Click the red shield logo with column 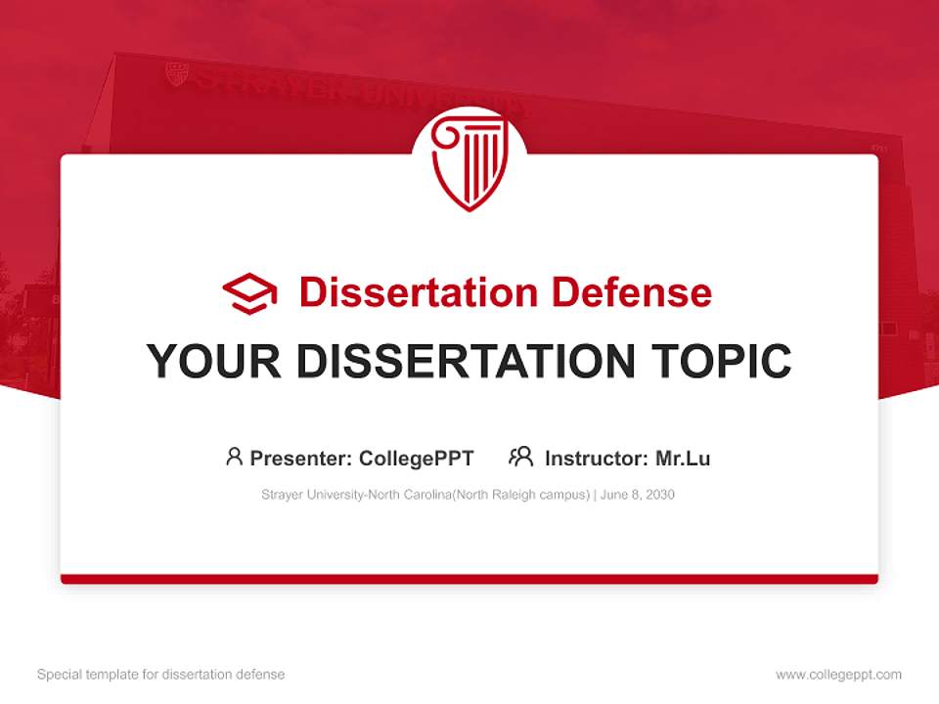[469, 162]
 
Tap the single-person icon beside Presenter [234, 457]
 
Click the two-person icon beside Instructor [520, 457]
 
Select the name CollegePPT [417, 459]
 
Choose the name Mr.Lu [683, 459]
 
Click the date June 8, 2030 [638, 495]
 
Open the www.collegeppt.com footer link [838, 675]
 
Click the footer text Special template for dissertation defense [160, 675]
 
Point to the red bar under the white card [469, 579]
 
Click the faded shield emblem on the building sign [176, 74]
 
